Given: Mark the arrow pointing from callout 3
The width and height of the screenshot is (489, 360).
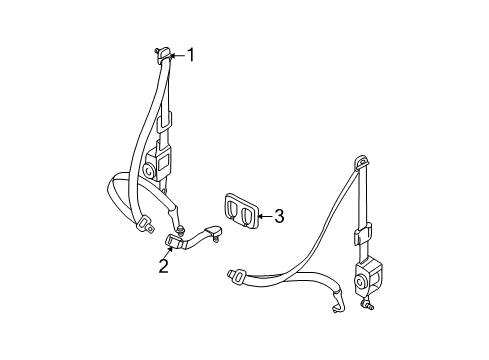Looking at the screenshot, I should (263, 213).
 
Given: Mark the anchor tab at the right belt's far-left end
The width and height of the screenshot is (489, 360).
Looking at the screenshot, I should (237, 273).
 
